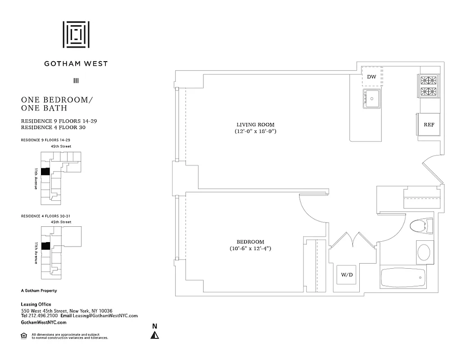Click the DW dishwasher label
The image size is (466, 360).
coord(371,77)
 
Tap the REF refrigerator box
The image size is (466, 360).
coord(429,125)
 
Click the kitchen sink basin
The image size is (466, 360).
coord(372,98)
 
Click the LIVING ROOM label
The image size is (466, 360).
coord(255,125)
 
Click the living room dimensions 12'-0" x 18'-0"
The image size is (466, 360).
coord(255,132)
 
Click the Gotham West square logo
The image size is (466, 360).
coord(76,34)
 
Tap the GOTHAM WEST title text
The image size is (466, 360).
coord(76,63)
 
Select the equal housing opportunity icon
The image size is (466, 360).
coord(24,335)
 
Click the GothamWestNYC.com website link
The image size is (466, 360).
coord(44,323)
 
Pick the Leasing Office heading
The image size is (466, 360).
coord(36,305)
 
